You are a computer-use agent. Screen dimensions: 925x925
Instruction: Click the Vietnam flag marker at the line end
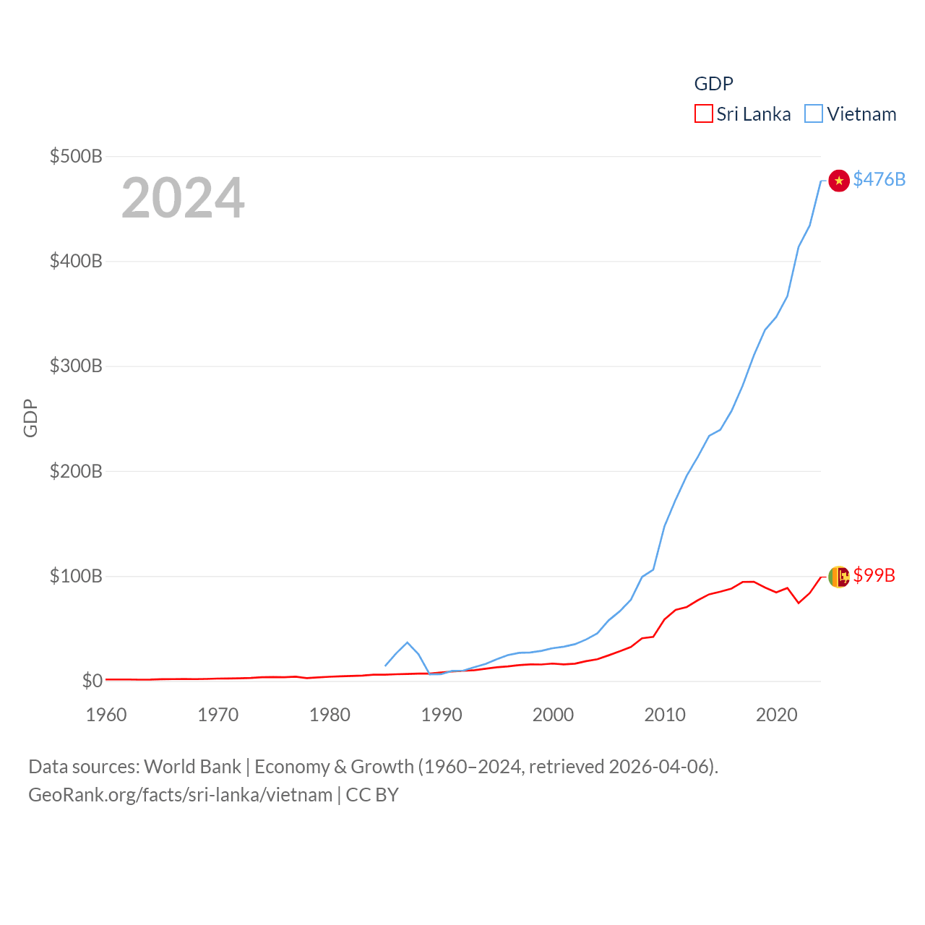pos(838,181)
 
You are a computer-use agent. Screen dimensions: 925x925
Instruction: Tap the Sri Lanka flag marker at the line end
pos(838,577)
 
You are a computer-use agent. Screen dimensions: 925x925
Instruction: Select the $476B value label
pos(879,179)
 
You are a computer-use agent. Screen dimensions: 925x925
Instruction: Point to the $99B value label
pos(874,575)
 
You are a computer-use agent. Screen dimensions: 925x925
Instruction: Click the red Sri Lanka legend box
pos(703,114)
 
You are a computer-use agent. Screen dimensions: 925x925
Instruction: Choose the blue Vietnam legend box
pos(814,114)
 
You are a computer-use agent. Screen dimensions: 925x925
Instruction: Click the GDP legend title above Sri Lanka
pos(713,84)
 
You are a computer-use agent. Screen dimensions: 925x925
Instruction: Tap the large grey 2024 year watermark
pos(183,198)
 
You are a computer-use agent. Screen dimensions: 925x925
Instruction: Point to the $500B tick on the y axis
pos(76,156)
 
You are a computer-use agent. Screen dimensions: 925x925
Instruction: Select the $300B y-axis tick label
pos(76,366)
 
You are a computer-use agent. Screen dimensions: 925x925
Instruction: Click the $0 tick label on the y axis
pos(92,681)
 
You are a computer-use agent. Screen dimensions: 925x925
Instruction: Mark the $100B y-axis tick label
pos(76,576)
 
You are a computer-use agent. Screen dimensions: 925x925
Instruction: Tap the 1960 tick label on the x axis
pos(106,715)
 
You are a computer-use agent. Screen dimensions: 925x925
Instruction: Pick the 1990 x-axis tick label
pos(442,715)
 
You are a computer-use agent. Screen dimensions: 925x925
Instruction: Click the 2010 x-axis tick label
pos(665,715)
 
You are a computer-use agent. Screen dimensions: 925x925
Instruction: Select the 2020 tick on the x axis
pos(777,715)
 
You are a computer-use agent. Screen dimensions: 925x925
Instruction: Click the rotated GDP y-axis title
pos(30,418)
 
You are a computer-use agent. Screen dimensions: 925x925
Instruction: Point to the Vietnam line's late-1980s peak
pos(408,642)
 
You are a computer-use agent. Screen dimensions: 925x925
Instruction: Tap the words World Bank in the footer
pos(192,766)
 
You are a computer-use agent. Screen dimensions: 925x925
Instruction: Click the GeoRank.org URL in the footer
pos(180,795)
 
